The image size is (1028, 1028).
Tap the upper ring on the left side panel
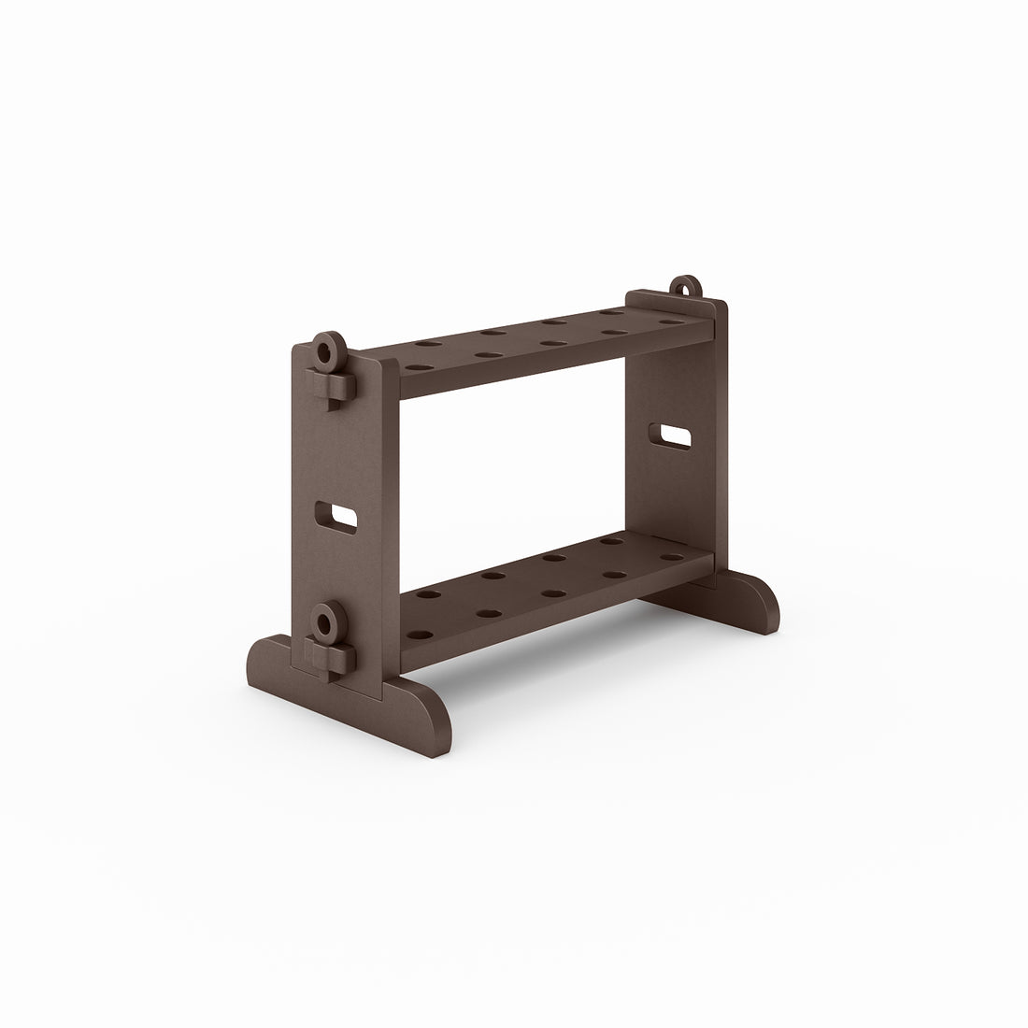326,351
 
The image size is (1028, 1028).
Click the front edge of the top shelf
551,368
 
